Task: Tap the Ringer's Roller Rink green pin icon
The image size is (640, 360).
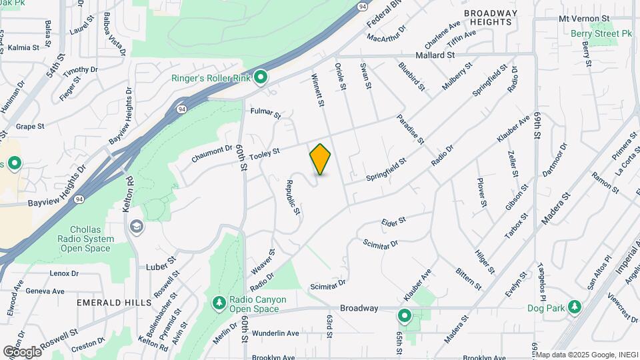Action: (261, 79)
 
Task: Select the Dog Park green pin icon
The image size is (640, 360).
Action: (575, 307)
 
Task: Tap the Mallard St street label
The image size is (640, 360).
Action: (435, 55)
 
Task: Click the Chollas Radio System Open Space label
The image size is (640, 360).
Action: (85, 239)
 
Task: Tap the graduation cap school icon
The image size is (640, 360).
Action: (137, 227)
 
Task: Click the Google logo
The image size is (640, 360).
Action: (21, 351)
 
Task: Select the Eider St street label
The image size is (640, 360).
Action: (394, 220)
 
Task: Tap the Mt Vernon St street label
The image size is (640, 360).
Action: (585, 18)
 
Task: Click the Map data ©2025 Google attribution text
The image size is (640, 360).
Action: (586, 355)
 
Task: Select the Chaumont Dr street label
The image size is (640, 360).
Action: (212, 153)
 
